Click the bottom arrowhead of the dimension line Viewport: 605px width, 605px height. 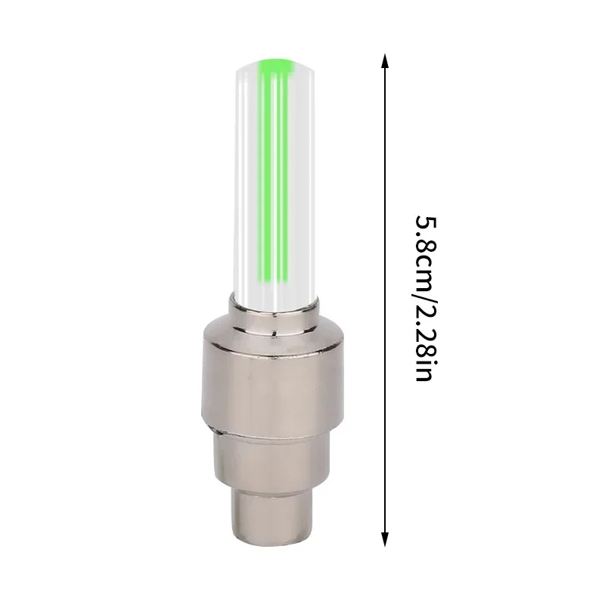386,538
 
